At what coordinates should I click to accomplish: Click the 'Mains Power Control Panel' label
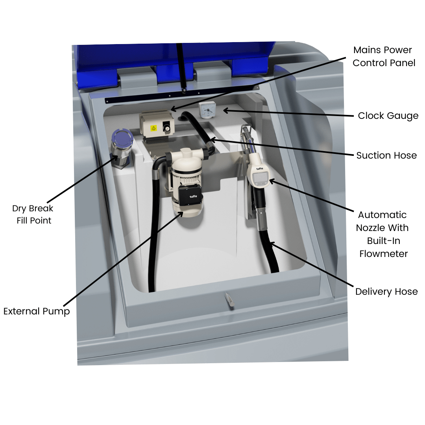click(384, 56)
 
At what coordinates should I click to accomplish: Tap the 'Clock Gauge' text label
click(388, 116)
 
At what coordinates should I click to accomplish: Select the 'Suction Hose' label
click(386, 155)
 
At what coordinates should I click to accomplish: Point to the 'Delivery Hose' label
click(386, 292)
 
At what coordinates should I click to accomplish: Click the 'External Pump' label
click(37, 311)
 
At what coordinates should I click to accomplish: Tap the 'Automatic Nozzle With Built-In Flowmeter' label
click(382, 234)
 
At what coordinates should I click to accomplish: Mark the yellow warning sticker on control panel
click(154, 128)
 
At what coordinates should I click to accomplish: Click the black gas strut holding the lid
click(181, 67)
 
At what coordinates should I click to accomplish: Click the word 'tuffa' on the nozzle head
click(260, 169)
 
